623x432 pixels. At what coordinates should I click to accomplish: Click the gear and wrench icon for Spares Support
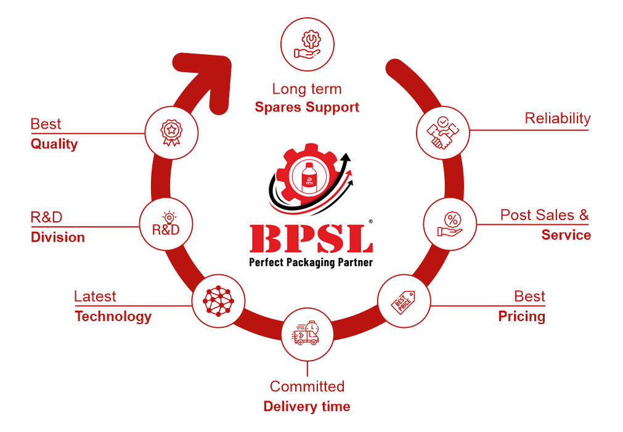point(307,44)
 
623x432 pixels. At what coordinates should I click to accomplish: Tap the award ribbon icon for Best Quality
point(171,132)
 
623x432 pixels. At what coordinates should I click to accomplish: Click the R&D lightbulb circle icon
point(166,224)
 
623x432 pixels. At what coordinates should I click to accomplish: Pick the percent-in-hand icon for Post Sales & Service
point(450,224)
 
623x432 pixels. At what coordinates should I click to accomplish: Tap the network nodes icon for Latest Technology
point(219,301)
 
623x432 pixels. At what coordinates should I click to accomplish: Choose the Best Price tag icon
point(404,301)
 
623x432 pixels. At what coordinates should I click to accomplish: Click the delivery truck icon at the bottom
point(307,333)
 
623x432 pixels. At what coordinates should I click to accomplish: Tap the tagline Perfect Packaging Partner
point(311,262)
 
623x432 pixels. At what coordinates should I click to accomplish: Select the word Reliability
point(557,118)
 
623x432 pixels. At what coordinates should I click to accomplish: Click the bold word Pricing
point(521,317)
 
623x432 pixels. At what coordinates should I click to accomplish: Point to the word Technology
point(113,317)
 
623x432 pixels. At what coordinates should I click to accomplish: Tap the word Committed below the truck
point(307,387)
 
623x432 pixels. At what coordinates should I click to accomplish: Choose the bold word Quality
point(54,144)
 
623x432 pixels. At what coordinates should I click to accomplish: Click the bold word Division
point(58,237)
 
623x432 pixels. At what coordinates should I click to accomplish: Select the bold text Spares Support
point(307,107)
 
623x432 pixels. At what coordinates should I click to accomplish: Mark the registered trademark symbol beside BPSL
point(370,221)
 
